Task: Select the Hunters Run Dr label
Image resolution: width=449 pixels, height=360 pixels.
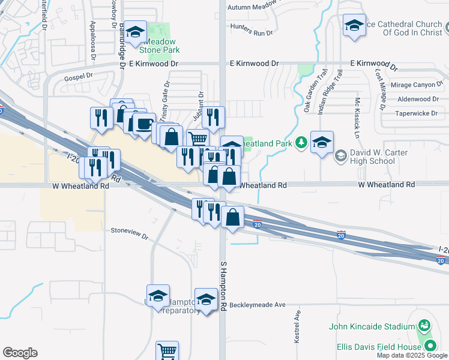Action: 251,33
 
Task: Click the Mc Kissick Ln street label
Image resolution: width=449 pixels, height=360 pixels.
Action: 357,112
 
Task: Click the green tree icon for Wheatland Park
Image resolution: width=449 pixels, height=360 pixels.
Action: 301,143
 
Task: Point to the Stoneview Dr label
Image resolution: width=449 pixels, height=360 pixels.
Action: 129,230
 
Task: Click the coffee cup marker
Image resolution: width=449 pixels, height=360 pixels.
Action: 144,124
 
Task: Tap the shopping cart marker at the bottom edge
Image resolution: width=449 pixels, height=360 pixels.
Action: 167,352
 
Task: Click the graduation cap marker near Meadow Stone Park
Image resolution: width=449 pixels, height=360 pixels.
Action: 136,32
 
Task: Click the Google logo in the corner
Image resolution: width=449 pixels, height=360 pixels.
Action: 20,353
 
